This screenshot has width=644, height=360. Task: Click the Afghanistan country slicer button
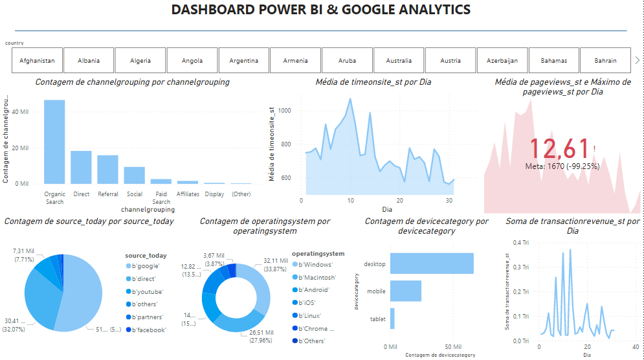coord(37,61)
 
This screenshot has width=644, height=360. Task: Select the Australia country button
coord(399,61)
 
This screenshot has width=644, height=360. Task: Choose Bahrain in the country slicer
coord(606,61)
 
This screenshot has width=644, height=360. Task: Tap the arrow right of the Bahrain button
coord(638,60)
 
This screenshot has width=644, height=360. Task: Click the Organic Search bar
coord(54,142)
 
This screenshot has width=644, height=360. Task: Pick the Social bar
coord(134,175)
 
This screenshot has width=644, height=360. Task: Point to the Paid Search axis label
coord(161,197)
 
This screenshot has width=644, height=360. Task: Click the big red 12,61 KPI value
coord(560,149)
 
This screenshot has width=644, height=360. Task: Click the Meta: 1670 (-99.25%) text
coord(562,166)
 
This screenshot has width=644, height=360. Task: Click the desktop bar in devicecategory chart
coord(432,263)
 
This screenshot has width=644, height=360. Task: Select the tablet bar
coord(392,319)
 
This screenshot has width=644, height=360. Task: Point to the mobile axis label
coord(376,291)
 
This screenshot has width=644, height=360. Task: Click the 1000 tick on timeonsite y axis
coord(285,111)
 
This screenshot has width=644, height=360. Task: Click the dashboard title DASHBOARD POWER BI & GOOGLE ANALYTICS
coord(321,10)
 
